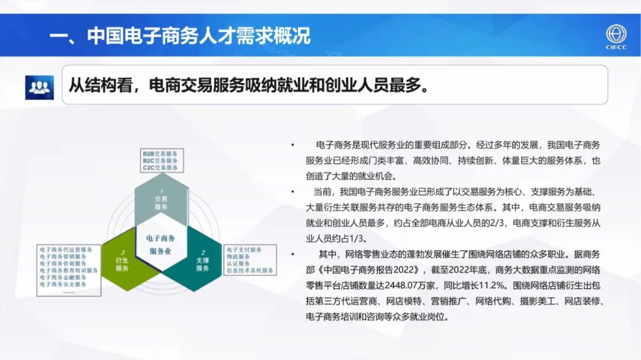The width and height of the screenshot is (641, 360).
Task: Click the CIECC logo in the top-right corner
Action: click(616, 37)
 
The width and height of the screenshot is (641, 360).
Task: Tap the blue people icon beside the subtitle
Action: click(39, 87)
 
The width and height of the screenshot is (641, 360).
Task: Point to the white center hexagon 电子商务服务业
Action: click(161, 244)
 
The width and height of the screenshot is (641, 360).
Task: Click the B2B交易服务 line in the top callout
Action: click(160, 154)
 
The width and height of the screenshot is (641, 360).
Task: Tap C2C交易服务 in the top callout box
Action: click(160, 168)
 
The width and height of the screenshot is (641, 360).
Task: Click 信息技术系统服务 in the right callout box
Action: click(250, 270)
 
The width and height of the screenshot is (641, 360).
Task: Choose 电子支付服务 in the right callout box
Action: click(244, 250)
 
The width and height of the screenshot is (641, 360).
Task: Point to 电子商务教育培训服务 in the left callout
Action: click(69, 270)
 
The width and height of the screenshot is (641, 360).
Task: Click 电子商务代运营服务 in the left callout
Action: click(66, 250)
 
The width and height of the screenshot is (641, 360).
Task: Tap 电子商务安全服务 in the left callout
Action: click(63, 284)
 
